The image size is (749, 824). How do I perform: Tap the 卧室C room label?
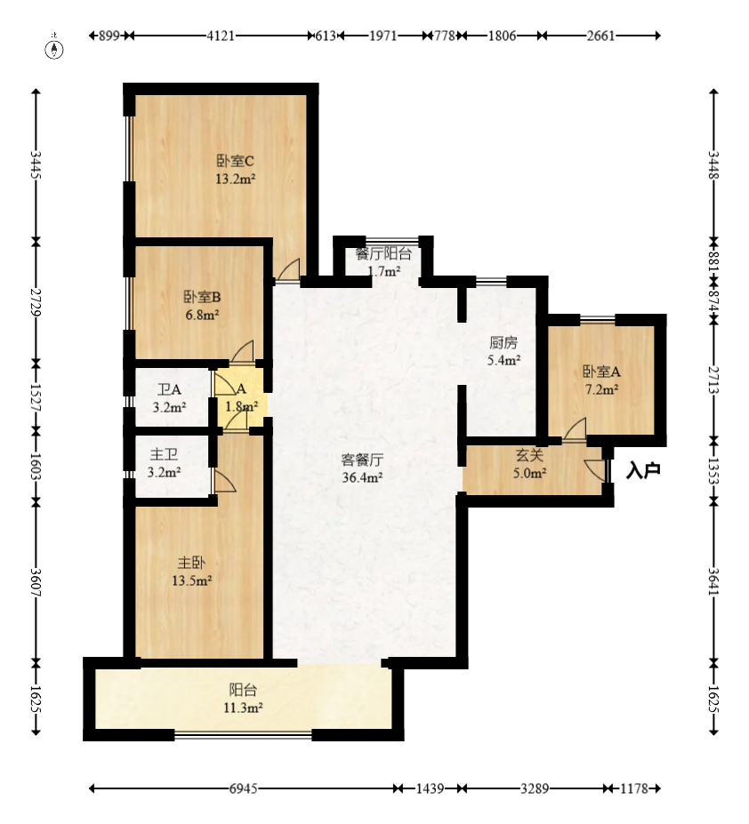tap(235, 162)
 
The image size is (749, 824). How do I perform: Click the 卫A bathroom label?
tap(169, 389)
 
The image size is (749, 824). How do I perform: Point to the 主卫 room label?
tap(164, 454)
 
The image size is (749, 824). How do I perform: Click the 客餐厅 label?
tap(362, 460)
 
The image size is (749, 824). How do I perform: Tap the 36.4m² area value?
tap(362, 477)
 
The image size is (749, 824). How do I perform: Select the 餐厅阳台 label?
tap(383, 253)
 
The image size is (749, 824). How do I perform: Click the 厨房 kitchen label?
tap(503, 342)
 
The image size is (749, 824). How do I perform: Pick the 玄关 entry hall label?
tap(530, 455)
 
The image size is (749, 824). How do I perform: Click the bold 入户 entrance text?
tap(643, 470)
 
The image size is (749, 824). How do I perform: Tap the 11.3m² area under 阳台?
tap(243, 708)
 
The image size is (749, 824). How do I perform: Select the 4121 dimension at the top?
tap(221, 36)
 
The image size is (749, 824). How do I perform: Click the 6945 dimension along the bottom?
tap(243, 788)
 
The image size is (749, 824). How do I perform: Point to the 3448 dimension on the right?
tap(713, 165)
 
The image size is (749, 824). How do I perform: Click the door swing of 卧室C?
tap(288, 269)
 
